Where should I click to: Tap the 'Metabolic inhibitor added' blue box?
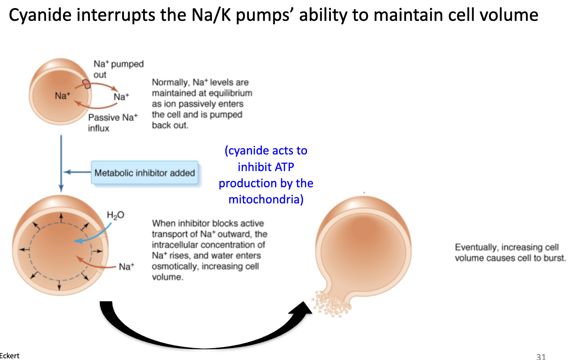144,173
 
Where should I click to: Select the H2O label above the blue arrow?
116,215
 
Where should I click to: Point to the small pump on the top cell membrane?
86,84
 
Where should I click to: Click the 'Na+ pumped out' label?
118,69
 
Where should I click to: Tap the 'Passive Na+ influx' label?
113,123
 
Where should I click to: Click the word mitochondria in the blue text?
266,199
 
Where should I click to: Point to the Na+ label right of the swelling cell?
126,267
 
